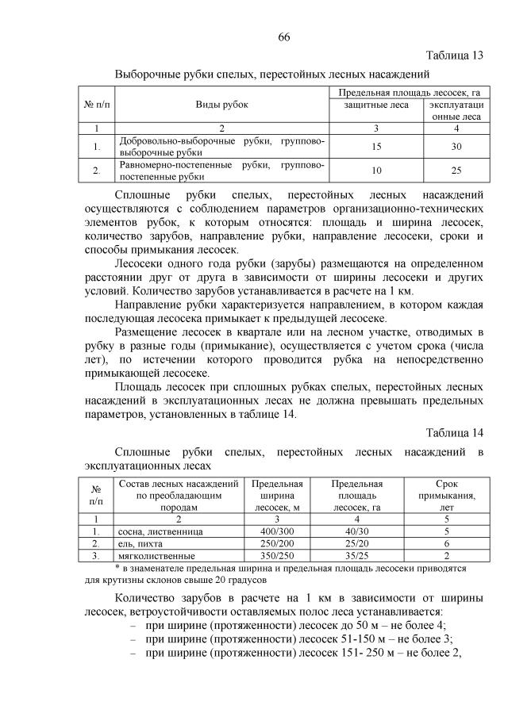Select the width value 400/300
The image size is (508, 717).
[278, 530]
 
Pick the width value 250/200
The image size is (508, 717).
[278, 543]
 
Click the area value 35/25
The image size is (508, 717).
[356, 556]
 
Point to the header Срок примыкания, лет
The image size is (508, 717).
[447, 496]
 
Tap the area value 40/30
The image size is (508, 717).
[356, 530]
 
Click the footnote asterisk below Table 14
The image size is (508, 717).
[117, 568]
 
